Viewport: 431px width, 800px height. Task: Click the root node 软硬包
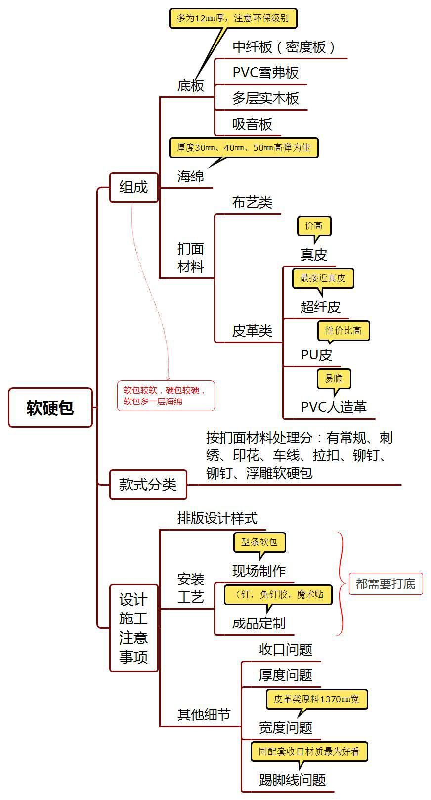click(50, 407)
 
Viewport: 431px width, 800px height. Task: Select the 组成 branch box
click(133, 187)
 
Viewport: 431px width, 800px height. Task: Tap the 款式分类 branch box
click(148, 485)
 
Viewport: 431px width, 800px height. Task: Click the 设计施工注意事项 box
click(133, 628)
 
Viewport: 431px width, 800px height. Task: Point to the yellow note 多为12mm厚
click(233, 18)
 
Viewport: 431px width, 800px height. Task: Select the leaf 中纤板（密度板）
click(284, 47)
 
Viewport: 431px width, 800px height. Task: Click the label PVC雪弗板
click(265, 73)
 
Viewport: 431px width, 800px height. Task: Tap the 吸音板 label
click(252, 124)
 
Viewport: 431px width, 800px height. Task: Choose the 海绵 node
click(190, 177)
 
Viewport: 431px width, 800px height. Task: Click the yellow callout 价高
click(314, 226)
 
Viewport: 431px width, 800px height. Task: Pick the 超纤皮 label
click(320, 307)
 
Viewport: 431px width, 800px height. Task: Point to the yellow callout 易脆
click(334, 379)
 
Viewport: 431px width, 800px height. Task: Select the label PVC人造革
click(334, 407)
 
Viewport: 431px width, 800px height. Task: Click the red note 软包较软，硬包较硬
click(166, 396)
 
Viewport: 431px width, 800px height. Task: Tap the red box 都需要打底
click(386, 584)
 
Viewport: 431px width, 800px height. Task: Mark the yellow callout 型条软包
click(259, 542)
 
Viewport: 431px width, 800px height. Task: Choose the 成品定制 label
click(259, 623)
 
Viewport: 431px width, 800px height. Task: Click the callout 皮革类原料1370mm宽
click(316, 699)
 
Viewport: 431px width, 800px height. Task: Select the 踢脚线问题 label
click(292, 780)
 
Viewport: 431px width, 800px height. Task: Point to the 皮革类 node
click(252, 331)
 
